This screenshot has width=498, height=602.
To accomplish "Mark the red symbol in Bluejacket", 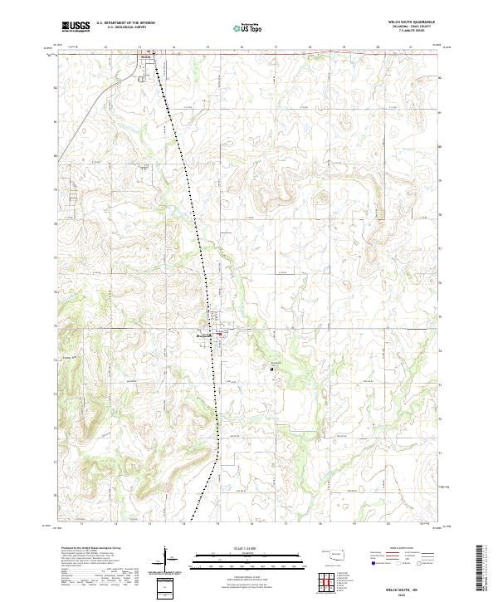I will [218, 335].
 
